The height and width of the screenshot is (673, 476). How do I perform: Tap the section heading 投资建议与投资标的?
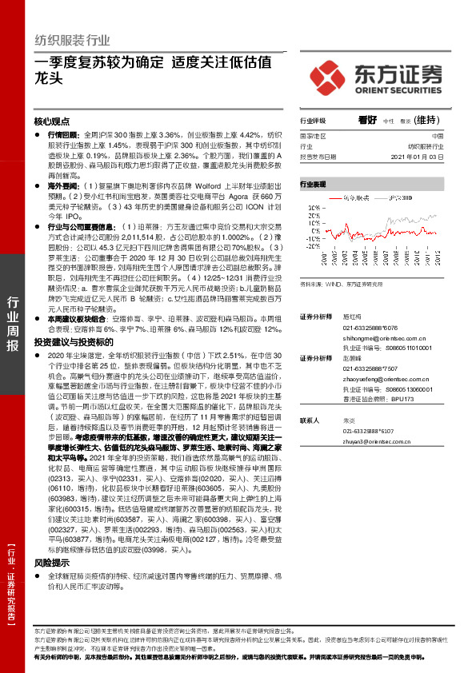[69, 340]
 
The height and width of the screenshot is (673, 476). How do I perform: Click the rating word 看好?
[368, 120]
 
